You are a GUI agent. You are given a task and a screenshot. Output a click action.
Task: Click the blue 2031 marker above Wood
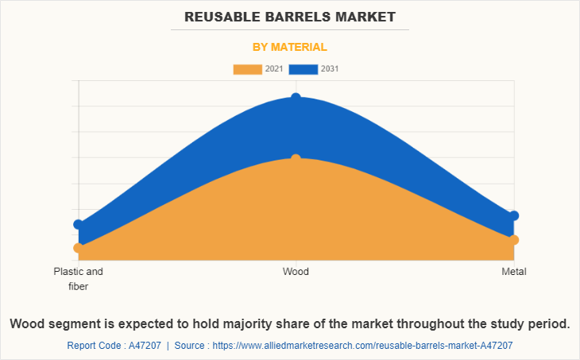(x=296, y=98)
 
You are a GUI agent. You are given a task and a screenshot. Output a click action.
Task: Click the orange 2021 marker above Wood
(x=296, y=159)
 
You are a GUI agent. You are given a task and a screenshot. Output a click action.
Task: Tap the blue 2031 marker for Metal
(x=514, y=215)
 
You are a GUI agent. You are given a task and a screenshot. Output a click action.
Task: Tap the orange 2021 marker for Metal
(x=514, y=240)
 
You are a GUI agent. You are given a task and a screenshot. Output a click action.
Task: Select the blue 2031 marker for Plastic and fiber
(x=78, y=225)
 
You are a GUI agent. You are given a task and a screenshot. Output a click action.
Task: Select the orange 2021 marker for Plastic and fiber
(x=78, y=248)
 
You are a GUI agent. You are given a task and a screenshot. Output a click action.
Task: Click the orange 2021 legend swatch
(x=247, y=69)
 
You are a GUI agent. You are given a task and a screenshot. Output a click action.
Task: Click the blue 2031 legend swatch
(x=303, y=69)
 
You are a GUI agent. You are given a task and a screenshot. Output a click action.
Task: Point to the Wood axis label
(x=296, y=272)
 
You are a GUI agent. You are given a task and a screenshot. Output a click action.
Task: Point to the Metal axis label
(x=514, y=272)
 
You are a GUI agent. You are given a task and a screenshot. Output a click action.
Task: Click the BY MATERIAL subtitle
(x=290, y=47)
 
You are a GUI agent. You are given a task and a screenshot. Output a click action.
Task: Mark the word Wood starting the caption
(x=28, y=324)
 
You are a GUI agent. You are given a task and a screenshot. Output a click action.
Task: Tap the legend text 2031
(x=330, y=69)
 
